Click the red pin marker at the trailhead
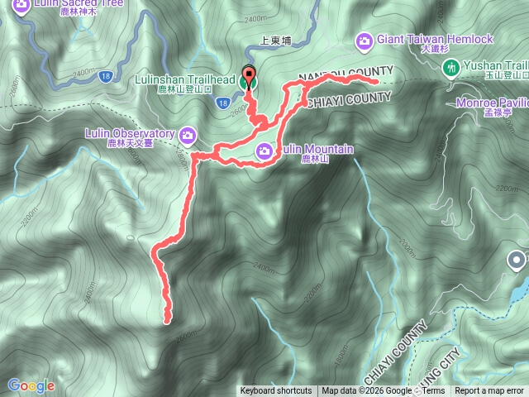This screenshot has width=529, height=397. coord(249,75)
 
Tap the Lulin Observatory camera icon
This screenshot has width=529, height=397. coord(188,134)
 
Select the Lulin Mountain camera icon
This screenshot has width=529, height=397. coord(264,150)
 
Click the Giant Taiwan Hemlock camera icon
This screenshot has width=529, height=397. coord(365,40)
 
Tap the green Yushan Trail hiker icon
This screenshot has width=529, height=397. coord(451,67)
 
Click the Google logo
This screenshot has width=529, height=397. coord(31,385)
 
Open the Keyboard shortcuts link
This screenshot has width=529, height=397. coord(276,391)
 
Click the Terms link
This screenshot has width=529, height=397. coord(433,391)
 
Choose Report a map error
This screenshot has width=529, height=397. coord(489,391)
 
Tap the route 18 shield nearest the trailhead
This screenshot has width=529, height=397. coord(223,103)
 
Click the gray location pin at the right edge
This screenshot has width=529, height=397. coord(517,262)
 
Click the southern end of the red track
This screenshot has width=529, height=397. coord(168,318)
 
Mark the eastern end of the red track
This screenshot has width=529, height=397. coord(376,83)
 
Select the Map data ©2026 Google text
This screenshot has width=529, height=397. coord(367,391)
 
